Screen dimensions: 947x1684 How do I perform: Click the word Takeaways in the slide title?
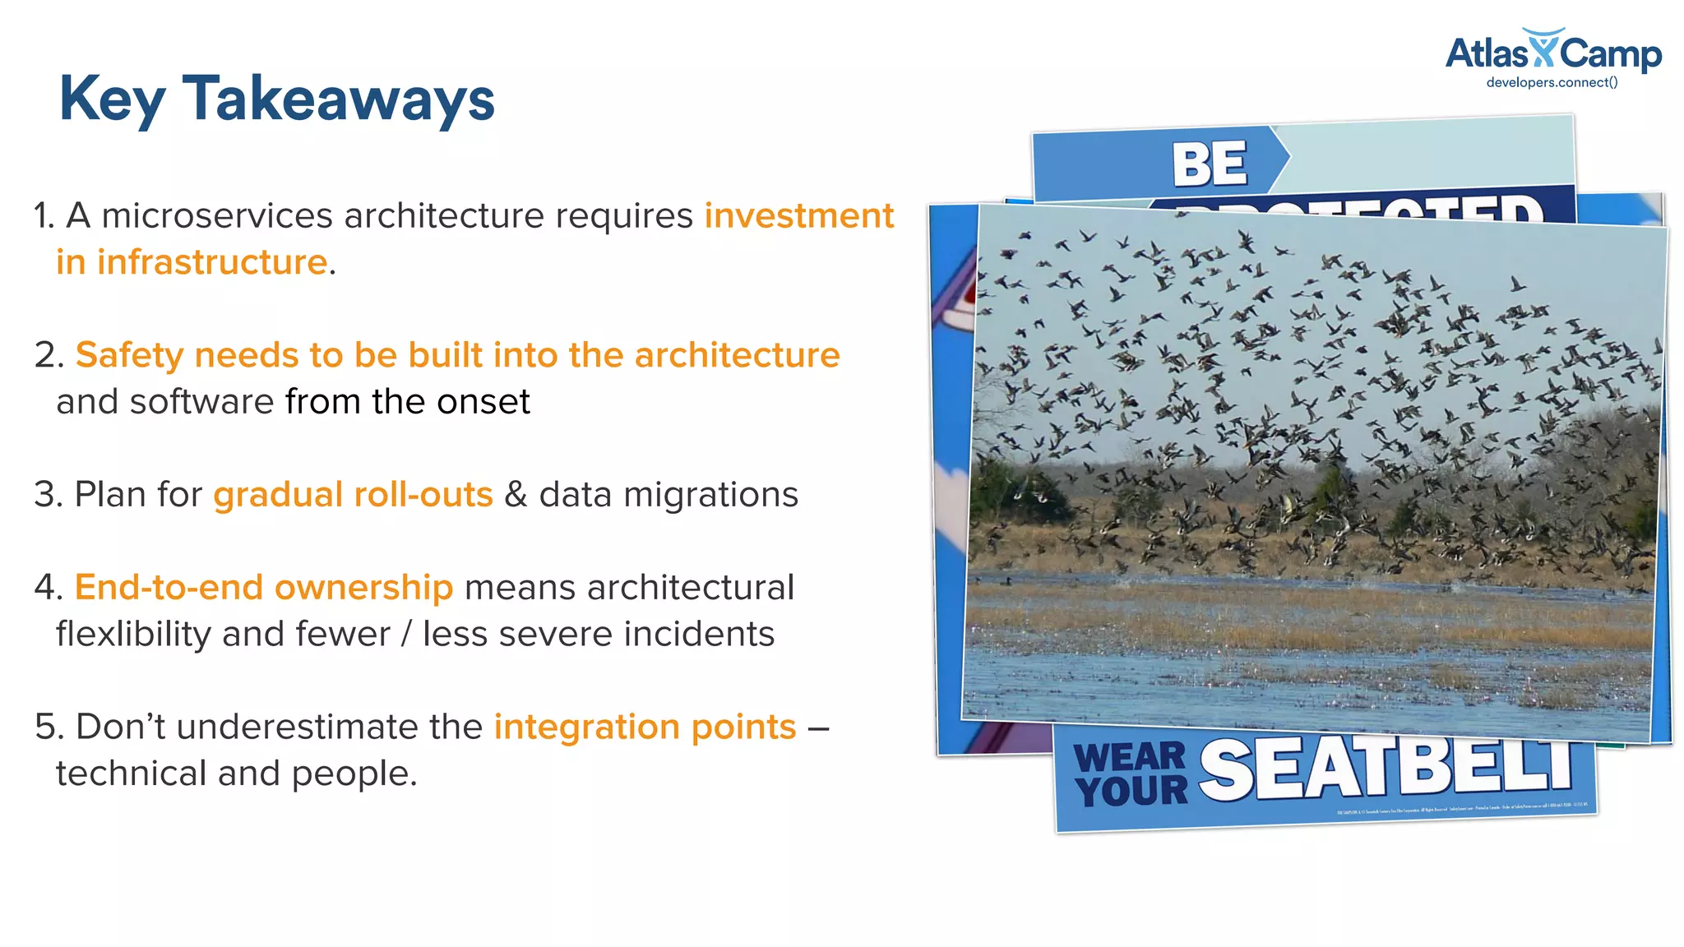[338, 99]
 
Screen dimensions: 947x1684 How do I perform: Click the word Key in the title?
[112, 99]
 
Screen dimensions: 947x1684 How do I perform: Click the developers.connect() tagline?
[1552, 82]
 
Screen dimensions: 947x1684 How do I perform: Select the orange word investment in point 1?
[798, 215]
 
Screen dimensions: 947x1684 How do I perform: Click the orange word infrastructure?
[212, 262]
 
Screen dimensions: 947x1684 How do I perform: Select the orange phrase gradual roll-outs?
[353, 495]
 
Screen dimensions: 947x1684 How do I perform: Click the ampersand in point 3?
[516, 495]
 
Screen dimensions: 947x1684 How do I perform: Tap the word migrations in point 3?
[710, 495]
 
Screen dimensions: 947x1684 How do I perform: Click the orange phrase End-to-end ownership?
[263, 588]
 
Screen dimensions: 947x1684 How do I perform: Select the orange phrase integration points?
[645, 728]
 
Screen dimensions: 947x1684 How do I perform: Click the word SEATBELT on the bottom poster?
[1385, 769]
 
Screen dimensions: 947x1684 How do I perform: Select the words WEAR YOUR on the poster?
[1131, 774]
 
